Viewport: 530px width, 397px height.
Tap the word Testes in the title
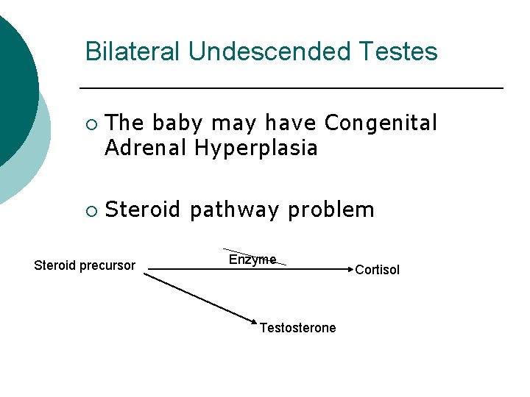point(404,52)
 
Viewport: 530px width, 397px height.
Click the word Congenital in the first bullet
point(381,124)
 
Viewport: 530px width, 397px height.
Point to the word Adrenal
point(146,149)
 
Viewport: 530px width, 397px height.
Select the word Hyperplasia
point(256,149)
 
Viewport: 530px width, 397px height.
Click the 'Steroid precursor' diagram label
point(85,265)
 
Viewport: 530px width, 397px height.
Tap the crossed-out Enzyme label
point(252,260)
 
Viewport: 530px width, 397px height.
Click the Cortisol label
point(377,270)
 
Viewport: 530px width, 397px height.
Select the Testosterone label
point(297,328)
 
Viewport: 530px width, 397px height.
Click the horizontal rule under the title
point(291,88)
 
